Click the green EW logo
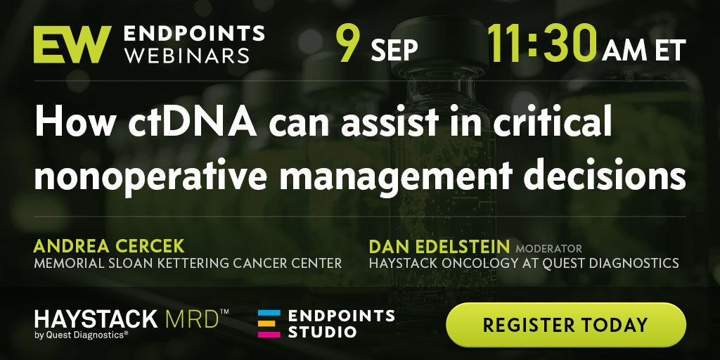click(72, 44)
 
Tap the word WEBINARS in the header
click(187, 55)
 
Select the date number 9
click(347, 44)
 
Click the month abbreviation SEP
click(394, 50)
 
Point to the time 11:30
click(542, 44)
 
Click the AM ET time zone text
click(644, 50)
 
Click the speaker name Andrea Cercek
click(109, 247)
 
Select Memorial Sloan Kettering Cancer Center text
click(188, 263)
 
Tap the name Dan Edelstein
click(439, 247)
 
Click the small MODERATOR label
click(548, 249)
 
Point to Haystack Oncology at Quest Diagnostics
click(524, 263)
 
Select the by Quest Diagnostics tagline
click(82, 335)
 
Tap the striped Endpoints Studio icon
click(269, 323)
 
